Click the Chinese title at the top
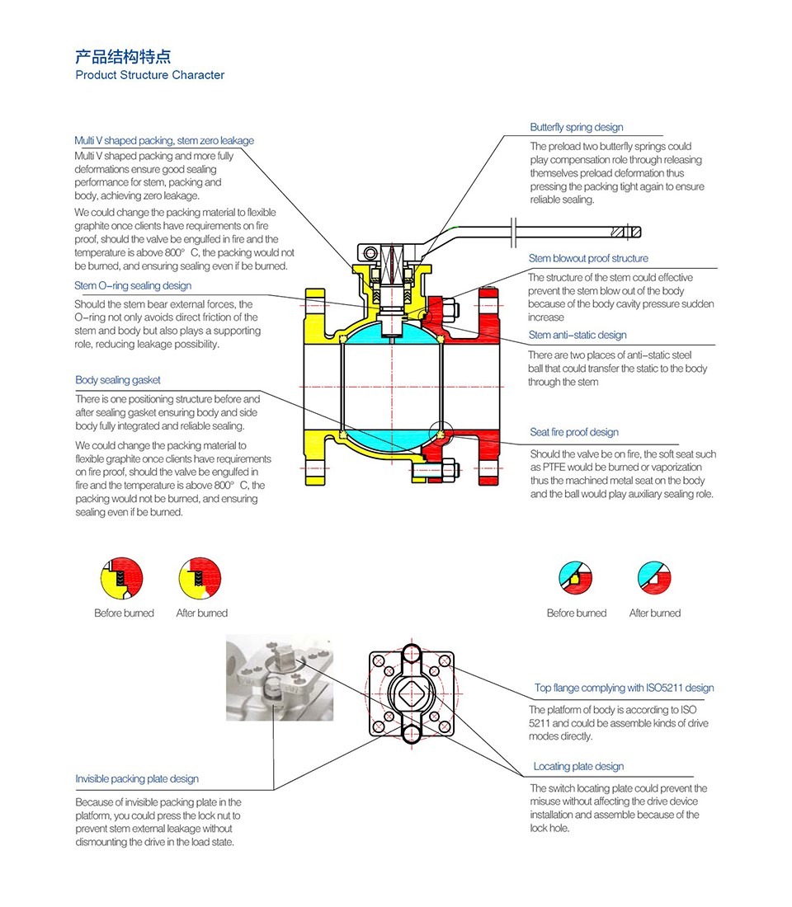coord(123,57)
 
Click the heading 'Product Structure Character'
coord(149,75)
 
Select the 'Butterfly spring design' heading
coord(576,128)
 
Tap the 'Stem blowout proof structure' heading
coord(588,259)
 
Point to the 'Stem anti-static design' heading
coord(577,336)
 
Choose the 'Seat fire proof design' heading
coord(573,432)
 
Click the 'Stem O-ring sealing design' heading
coord(133,286)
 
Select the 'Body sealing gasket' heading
coord(118,380)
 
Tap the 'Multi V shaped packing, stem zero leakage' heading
coord(164,141)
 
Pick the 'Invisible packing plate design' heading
coord(137,779)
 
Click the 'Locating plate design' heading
coord(578,767)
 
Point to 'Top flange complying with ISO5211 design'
coord(624,688)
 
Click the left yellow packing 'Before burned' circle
coord(123,579)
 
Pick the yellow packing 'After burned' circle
coord(200,579)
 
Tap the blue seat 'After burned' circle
coord(655,579)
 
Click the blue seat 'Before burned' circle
coord(577,579)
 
